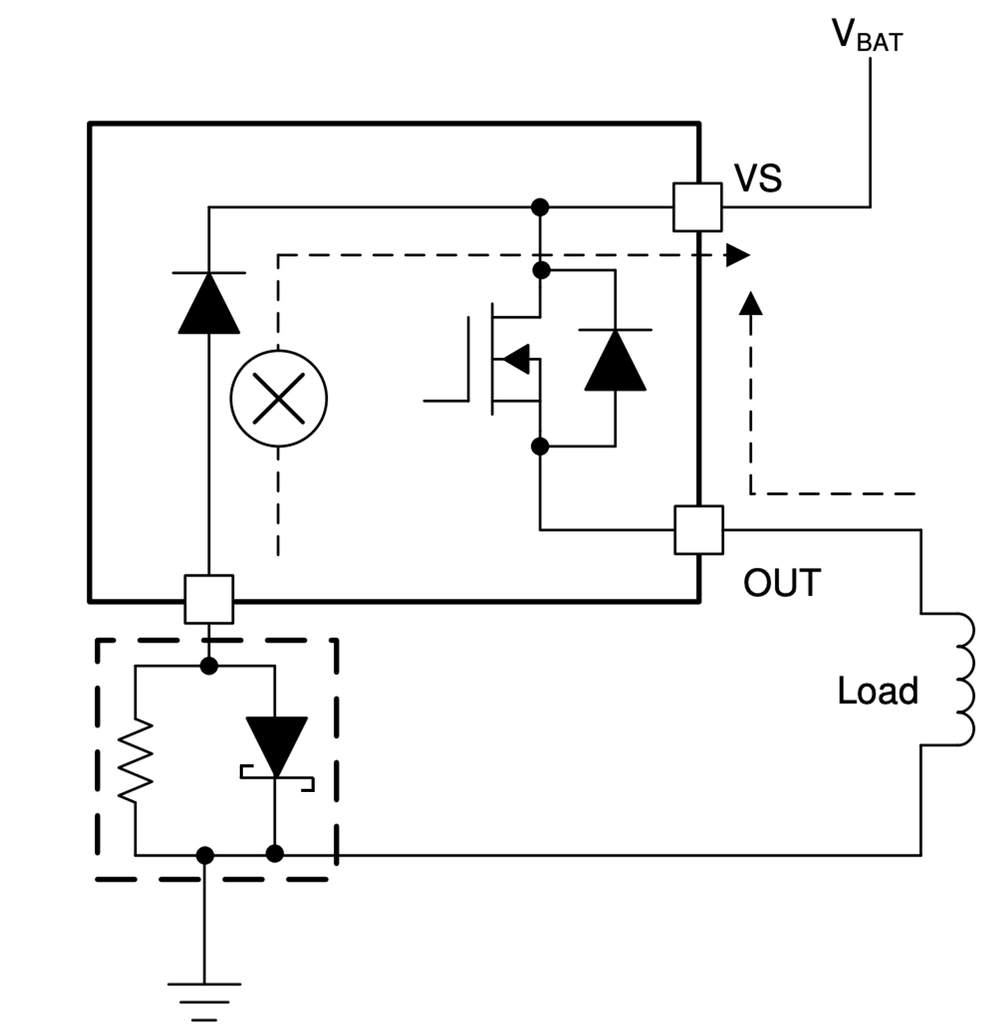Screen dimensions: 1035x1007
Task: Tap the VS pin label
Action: [x=758, y=178]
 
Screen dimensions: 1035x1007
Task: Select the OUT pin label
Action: [x=782, y=582]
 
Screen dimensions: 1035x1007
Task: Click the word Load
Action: [x=877, y=691]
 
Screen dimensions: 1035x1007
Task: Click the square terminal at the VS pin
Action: [x=697, y=207]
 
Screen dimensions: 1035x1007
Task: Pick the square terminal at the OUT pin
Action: [x=699, y=530]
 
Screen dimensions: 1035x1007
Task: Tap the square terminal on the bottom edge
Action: [x=209, y=599]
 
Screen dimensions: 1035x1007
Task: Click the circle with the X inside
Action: [x=279, y=399]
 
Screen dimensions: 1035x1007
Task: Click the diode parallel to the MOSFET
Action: [x=615, y=360]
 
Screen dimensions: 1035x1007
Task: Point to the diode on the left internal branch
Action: [x=209, y=303]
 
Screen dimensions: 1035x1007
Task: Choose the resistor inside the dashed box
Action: [x=136, y=761]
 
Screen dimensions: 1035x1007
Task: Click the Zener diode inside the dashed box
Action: [x=276, y=749]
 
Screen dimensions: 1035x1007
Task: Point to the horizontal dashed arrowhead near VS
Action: [x=738, y=255]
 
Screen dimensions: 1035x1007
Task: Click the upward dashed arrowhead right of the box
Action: [x=750, y=303]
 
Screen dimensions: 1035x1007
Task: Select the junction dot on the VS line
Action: [x=540, y=207]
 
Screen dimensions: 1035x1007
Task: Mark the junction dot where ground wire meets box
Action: [x=205, y=855]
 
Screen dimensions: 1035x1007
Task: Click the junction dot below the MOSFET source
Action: [x=540, y=446]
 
